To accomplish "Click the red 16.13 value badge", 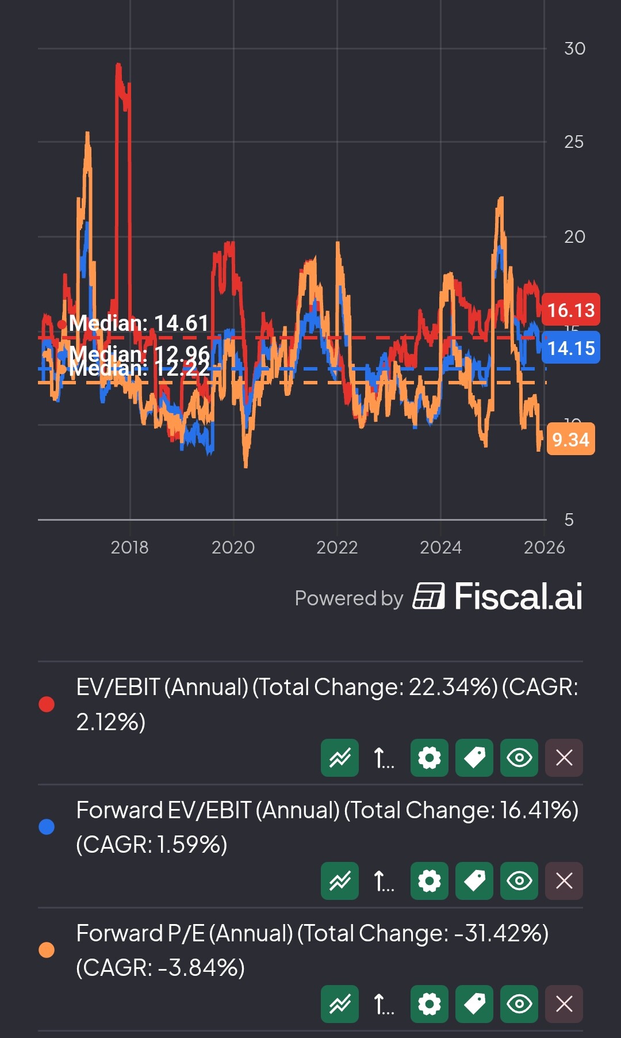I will point(570,310).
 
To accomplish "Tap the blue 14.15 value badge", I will point(570,348).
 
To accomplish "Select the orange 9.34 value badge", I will point(570,440).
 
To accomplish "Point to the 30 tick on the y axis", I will point(574,49).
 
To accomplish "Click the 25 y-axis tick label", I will point(574,142).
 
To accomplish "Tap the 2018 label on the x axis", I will point(129,547).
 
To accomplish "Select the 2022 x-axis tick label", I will point(337,547).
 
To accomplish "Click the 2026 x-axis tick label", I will point(544,547).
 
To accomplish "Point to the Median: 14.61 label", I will point(138,323).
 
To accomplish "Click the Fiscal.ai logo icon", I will point(428,596).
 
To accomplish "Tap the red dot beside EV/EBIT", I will point(47,704).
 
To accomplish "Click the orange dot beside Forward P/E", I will point(47,950).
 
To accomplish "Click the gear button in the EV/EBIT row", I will point(429,758).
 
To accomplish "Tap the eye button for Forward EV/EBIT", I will point(519,881).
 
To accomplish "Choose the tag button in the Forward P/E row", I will point(474,1004).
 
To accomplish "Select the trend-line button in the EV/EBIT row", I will point(340,758).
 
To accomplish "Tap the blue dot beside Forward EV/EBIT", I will point(47,827).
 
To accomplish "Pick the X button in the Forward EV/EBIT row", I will point(563,881).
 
